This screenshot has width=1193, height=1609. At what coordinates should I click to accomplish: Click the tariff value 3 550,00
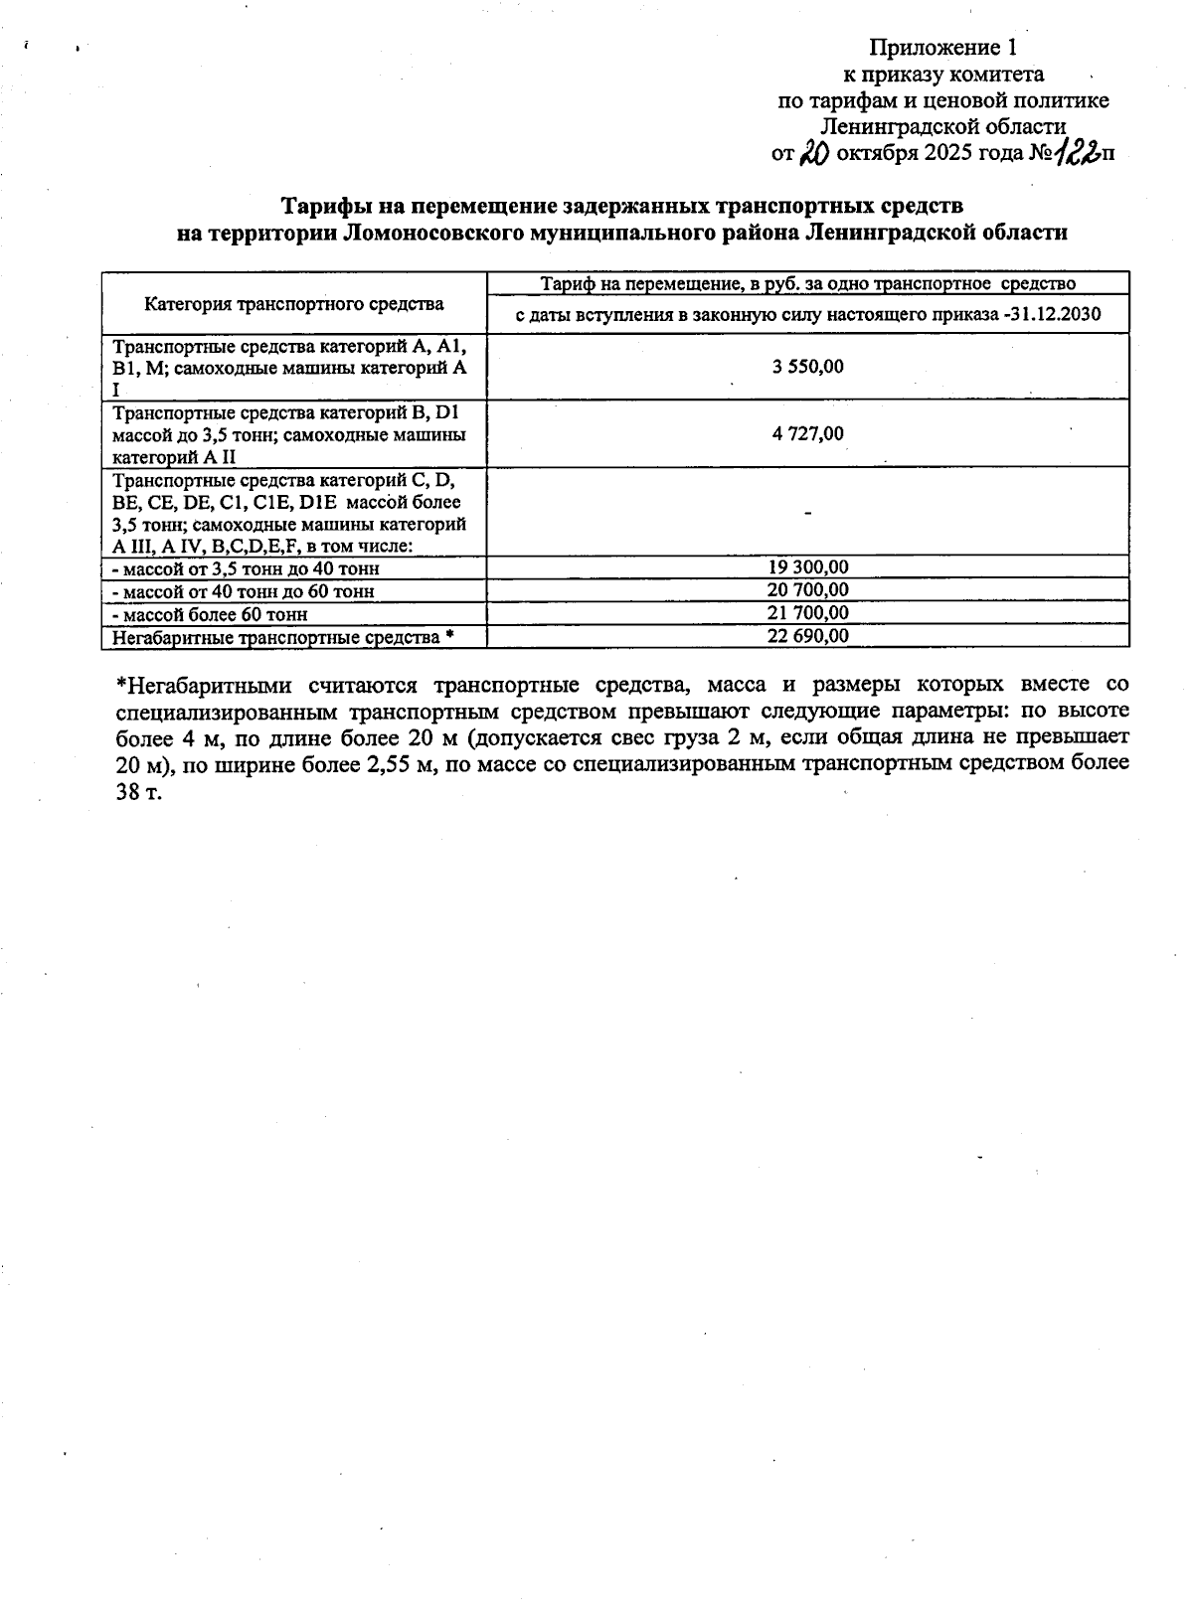pyautogui.click(x=807, y=367)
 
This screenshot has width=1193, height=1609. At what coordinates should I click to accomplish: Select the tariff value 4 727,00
pyautogui.click(x=807, y=433)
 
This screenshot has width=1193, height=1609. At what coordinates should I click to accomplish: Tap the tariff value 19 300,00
pyautogui.click(x=807, y=566)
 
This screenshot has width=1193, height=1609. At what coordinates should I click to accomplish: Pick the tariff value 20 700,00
pyautogui.click(x=807, y=589)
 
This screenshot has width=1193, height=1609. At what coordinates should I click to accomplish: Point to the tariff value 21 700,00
pyautogui.click(x=807, y=612)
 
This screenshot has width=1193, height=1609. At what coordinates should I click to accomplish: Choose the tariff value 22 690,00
pyautogui.click(x=807, y=636)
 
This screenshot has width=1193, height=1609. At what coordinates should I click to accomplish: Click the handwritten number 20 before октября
pyautogui.click(x=815, y=152)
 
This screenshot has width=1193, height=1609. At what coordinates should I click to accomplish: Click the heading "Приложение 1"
pyautogui.click(x=943, y=48)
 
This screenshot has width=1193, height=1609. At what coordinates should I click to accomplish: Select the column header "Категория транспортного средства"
pyautogui.click(x=294, y=304)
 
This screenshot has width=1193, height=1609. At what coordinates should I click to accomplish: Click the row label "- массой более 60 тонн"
pyautogui.click(x=210, y=614)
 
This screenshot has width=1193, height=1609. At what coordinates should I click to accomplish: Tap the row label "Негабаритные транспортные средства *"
pyautogui.click(x=283, y=637)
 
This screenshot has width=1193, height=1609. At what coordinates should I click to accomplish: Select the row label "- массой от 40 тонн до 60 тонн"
pyautogui.click(x=243, y=591)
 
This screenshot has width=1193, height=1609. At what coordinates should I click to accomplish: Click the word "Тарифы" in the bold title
pyautogui.click(x=319, y=206)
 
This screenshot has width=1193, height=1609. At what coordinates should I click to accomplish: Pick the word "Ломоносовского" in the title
pyautogui.click(x=427, y=233)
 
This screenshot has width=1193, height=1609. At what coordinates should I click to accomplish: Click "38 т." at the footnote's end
pyautogui.click(x=138, y=795)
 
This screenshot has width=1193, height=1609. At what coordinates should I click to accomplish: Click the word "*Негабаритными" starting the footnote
pyautogui.click(x=205, y=685)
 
